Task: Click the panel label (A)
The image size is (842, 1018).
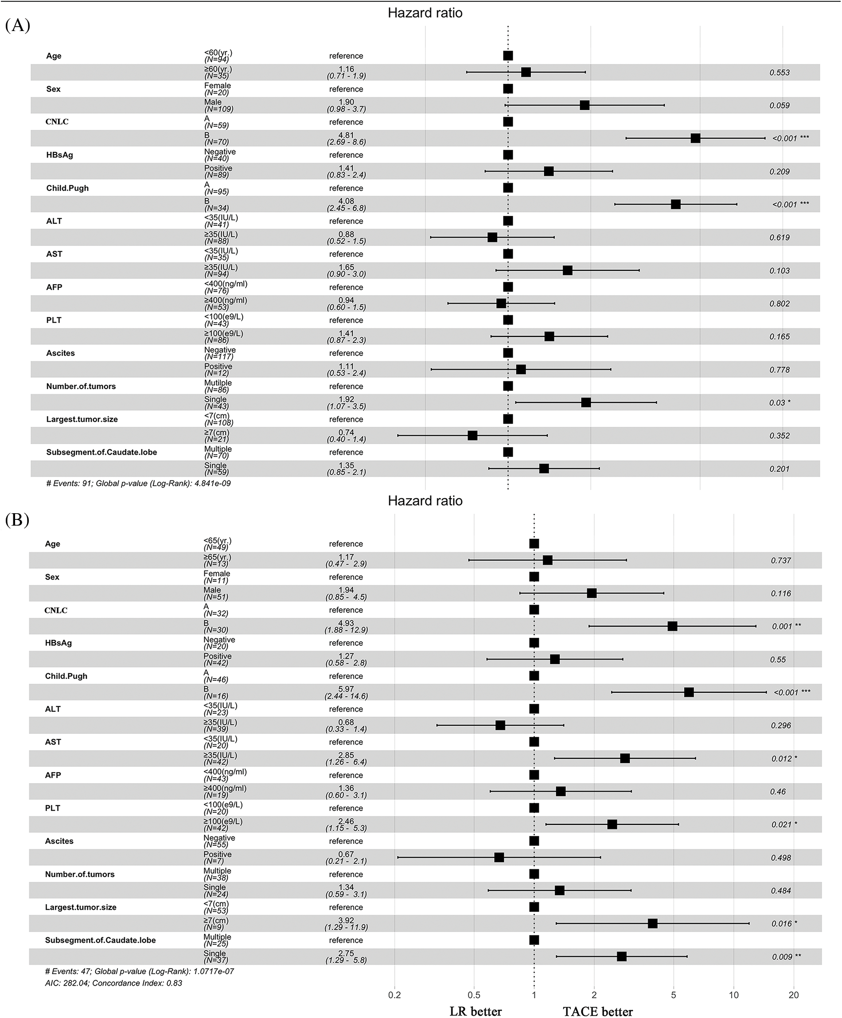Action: pyautogui.click(x=17, y=25)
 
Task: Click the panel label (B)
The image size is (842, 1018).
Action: pyautogui.click(x=17, y=520)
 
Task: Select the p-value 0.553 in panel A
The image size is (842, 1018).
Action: pyautogui.click(x=780, y=73)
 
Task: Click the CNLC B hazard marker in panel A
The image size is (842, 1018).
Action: pyautogui.click(x=695, y=138)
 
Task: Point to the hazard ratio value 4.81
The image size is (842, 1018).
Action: pyautogui.click(x=346, y=135)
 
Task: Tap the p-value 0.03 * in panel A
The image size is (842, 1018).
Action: pyautogui.click(x=780, y=403)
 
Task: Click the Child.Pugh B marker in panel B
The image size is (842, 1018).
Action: pyautogui.click(x=689, y=692)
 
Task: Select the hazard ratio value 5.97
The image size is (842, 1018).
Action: pyautogui.click(x=346, y=689)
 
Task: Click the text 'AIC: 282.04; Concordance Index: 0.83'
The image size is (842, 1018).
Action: pyautogui.click(x=114, y=983)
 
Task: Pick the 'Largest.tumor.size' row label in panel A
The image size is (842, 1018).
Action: pyautogui.click(x=82, y=419)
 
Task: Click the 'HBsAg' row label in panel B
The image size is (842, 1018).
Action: pyautogui.click(x=58, y=643)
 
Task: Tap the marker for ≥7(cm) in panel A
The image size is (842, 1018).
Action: pyautogui.click(x=472, y=435)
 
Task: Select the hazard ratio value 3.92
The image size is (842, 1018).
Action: pyautogui.click(x=346, y=920)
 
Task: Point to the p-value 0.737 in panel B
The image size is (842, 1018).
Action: pyautogui.click(x=781, y=560)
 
